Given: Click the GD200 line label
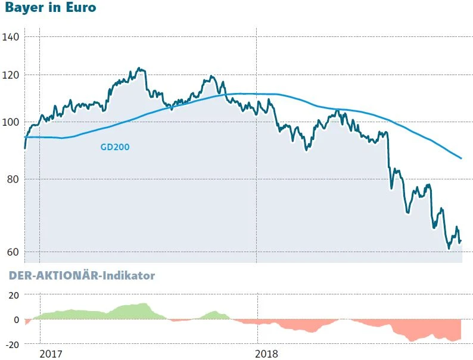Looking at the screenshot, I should (x=115, y=147).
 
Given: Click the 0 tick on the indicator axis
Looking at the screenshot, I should (x=17, y=320).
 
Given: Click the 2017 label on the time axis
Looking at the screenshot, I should (x=51, y=353).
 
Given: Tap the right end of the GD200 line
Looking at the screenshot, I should (x=462, y=158).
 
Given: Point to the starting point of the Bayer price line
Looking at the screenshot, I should (x=24, y=148).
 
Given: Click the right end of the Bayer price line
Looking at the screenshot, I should (x=461, y=241).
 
